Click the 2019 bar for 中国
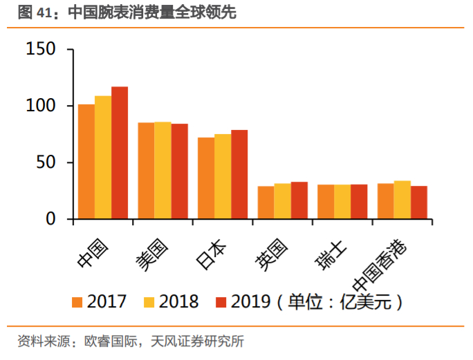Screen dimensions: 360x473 [120, 153]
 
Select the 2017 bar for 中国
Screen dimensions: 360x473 [86, 162]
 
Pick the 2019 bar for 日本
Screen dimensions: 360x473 [239, 174]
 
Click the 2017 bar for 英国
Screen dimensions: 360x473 [266, 202]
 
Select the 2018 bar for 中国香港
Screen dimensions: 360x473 [402, 200]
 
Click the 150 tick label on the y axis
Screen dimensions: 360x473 [40, 50]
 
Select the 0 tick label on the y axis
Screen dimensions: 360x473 [50, 219]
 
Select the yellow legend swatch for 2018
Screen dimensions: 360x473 [149, 302]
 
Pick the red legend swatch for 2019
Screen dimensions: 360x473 [221, 302]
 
